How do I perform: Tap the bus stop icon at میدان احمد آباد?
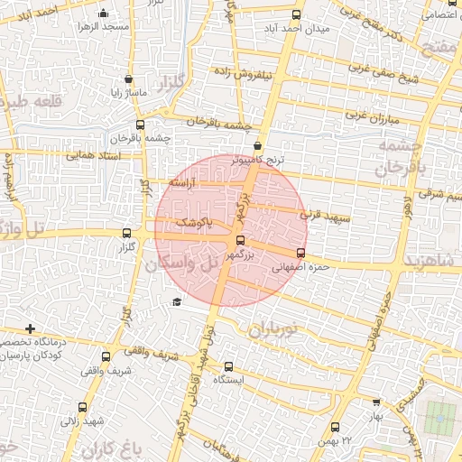(297, 14)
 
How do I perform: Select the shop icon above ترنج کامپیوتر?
(259, 145)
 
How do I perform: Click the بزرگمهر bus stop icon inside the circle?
(239, 240)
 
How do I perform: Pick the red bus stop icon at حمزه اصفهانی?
(300, 253)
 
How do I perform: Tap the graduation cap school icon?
(176, 302)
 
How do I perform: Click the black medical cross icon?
(31, 328)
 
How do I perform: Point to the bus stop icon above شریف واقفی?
(106, 356)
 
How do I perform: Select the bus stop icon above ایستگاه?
(227, 366)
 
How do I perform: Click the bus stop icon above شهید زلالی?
(83, 407)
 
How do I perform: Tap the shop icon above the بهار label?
(376, 403)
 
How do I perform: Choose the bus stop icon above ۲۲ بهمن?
(336, 427)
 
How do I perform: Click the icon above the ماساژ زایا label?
(129, 79)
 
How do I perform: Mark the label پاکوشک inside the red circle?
(191, 221)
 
